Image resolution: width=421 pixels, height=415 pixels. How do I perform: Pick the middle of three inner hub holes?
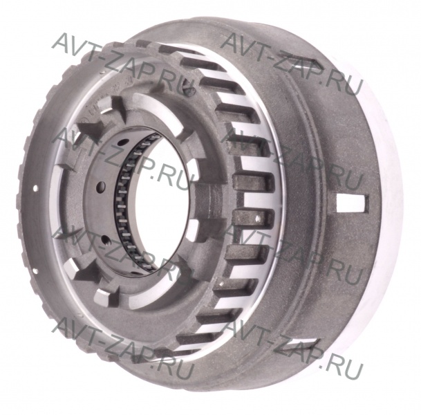coord(101,185)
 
